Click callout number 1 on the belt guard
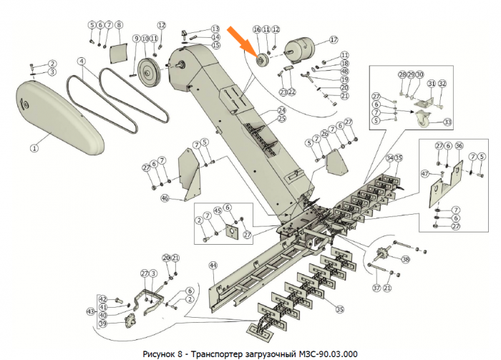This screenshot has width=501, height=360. (x=33, y=148)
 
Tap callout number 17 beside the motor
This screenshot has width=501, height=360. (x=334, y=39)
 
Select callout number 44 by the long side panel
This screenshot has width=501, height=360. (x=213, y=266)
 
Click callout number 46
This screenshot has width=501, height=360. (x=165, y=198)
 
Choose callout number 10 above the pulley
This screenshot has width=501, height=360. (x=145, y=38)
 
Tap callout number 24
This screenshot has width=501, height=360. (x=281, y=110)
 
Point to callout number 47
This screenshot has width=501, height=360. (x=424, y=174)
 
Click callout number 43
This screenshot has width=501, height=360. (x=89, y=311)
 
